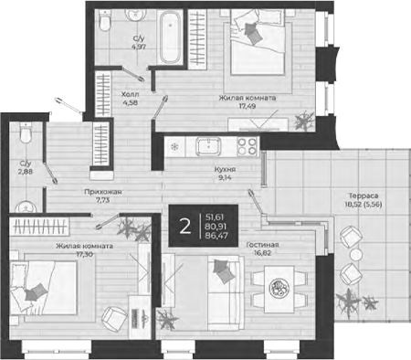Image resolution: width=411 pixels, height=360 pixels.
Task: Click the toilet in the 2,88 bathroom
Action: (x=26, y=138)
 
